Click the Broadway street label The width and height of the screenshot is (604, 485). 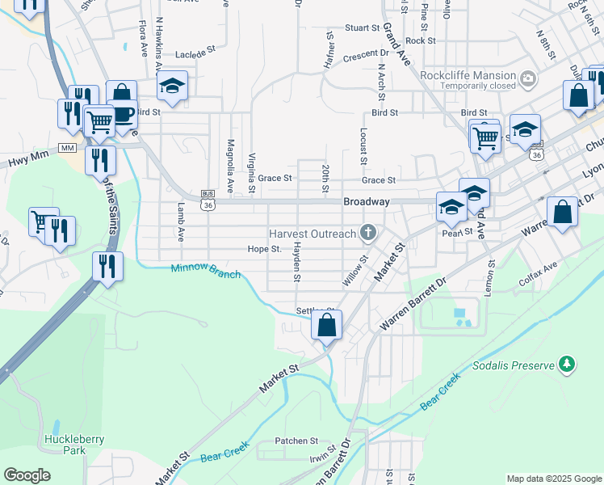[367, 201]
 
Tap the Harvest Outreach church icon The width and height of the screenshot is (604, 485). [368, 234]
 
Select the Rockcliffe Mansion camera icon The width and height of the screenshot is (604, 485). [528, 78]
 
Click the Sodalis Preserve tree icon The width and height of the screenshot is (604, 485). [568, 365]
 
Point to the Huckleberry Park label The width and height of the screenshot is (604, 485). [65, 445]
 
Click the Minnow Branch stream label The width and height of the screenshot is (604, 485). [205, 272]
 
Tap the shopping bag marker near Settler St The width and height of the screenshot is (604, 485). [327, 326]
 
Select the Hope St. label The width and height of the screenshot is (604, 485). [264, 249]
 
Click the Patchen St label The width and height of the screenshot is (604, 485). [296, 441]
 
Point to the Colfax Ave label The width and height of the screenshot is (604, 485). [539, 268]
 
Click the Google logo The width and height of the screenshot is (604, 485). [27, 475]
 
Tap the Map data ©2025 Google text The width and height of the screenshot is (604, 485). [553, 479]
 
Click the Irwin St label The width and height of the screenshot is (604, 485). [321, 458]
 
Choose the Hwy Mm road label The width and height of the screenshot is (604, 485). [28, 154]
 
